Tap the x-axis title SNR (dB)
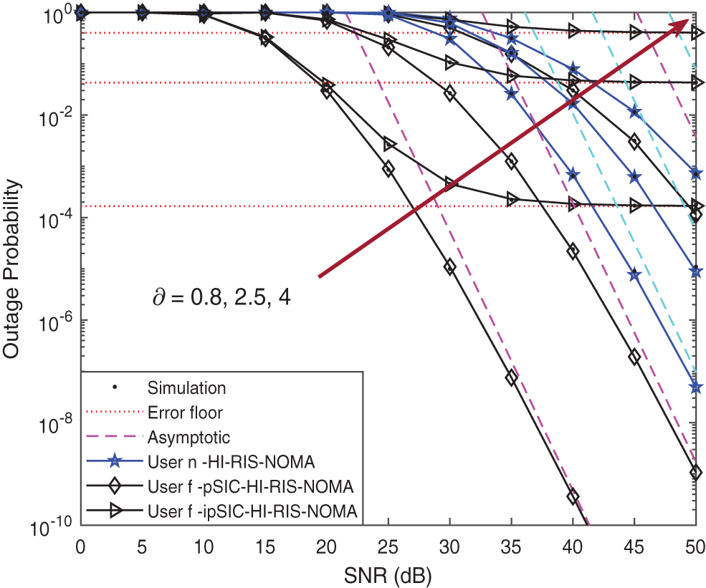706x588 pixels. (387, 574)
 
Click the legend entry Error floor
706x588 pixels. (185, 413)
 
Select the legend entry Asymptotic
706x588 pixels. (188, 436)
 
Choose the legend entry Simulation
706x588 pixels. (186, 388)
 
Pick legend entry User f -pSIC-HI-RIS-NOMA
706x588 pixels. (250, 487)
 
